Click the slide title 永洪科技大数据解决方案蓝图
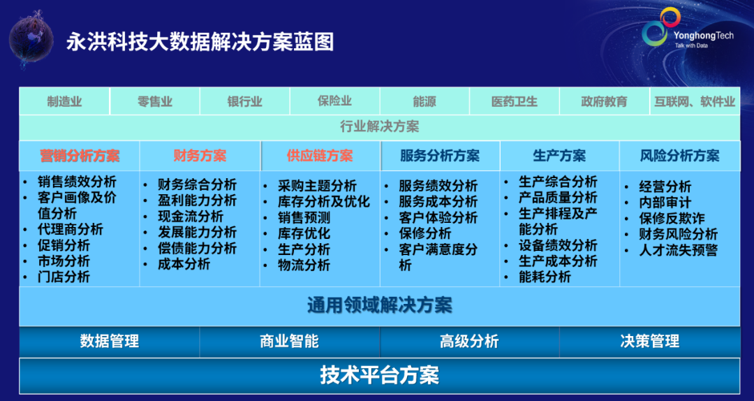tap(200, 42)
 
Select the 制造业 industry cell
tap(64, 101)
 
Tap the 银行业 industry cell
tap(245, 101)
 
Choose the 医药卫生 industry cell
tap(515, 101)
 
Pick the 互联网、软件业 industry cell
tap(695, 101)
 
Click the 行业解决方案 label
tap(379, 126)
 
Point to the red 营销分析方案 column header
tap(80, 156)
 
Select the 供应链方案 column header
tap(320, 156)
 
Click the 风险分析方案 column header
tap(679, 156)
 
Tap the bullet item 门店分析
tap(64, 277)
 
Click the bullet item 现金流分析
tap(190, 217)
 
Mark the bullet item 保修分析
tap(425, 233)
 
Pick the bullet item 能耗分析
tap(545, 277)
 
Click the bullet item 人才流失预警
tap(678, 250)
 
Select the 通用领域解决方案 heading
tap(379, 305)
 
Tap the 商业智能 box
tap(289, 341)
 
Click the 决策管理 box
tap(649, 341)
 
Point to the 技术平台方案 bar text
tap(379, 375)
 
